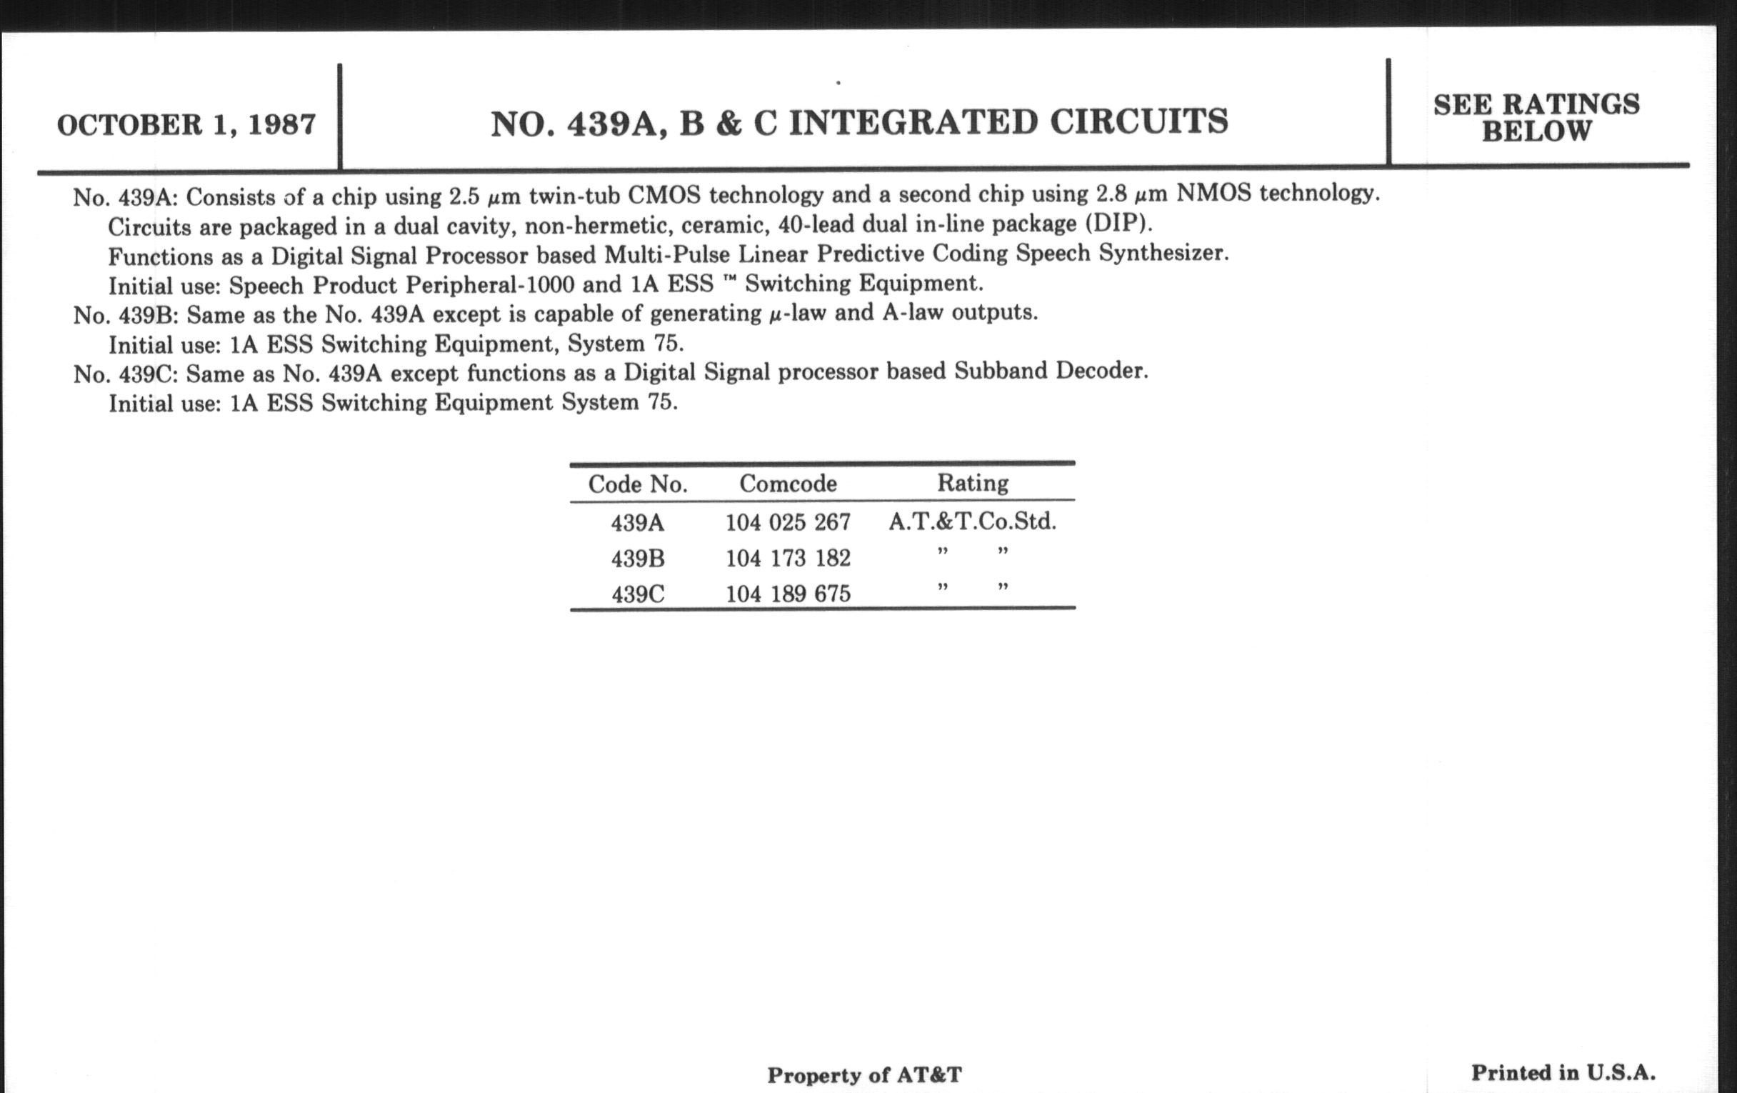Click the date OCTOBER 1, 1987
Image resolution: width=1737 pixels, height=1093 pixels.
(186, 125)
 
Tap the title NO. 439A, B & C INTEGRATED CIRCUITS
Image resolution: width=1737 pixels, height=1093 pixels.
(859, 123)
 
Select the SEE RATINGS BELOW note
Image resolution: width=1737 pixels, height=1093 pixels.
(1536, 118)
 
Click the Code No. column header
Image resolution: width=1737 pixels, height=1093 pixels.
(638, 484)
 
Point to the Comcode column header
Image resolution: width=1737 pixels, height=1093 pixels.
(788, 484)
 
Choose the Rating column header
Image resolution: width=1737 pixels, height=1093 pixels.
(972, 483)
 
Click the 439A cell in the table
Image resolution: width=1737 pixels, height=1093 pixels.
(637, 522)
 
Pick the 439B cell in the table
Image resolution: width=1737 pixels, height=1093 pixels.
(637, 559)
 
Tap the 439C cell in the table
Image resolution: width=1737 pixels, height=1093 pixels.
(637, 594)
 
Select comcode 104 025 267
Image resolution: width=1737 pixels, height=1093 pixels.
(788, 521)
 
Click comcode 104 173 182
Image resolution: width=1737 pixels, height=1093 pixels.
(788, 558)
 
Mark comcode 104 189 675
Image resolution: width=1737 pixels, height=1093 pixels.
(788, 594)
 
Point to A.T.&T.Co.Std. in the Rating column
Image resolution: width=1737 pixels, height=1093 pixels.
(972, 521)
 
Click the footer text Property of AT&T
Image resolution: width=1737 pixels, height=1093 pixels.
(864, 1075)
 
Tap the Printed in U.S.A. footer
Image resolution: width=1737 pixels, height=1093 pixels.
(1563, 1073)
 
